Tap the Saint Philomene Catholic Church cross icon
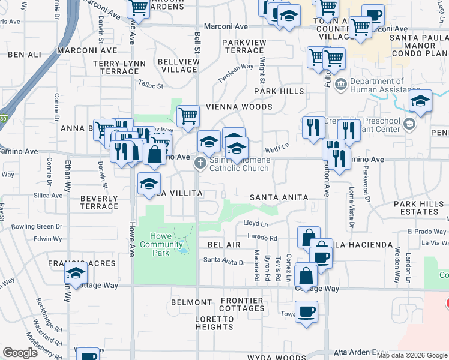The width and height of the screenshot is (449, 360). tap(200, 163)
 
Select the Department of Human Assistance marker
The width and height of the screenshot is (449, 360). tap(340, 84)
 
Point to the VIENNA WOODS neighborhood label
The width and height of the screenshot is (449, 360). tap(239, 107)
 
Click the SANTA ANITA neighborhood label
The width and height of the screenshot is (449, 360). tap(279, 197)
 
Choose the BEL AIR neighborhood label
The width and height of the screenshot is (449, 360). tap(224, 245)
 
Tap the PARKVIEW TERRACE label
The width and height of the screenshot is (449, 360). tap(244, 46)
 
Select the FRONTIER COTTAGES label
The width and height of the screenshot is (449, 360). tap(242, 304)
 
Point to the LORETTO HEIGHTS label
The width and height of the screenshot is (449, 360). tap(214, 323)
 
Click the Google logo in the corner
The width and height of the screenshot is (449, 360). tap(20, 353)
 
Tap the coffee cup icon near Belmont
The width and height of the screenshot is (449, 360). tap(306, 312)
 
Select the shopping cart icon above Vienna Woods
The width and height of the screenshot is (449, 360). tap(188, 115)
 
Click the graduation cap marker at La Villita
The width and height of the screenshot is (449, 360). tap(149, 184)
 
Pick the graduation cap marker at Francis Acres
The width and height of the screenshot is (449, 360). tap(76, 272)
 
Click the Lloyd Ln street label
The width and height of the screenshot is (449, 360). tap(255, 223)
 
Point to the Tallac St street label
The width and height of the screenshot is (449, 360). tap(151, 86)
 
